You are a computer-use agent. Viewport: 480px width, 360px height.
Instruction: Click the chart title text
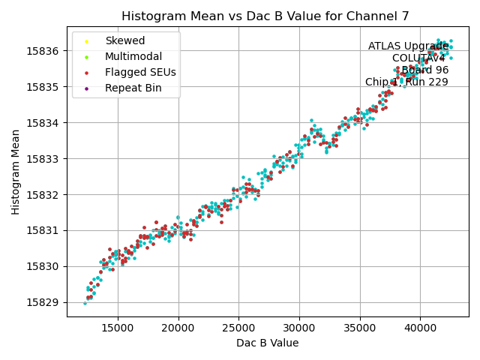(267, 16)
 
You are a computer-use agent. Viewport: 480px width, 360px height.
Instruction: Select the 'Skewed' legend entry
(124, 40)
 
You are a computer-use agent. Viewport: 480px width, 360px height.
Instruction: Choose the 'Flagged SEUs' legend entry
(140, 72)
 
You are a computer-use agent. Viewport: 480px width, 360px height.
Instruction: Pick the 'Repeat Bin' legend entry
(133, 88)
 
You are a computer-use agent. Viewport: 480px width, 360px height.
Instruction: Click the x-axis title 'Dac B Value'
(267, 343)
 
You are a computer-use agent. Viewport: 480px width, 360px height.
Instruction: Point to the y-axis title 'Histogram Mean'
(16, 172)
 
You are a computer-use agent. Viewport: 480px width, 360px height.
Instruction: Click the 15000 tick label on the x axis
(118, 328)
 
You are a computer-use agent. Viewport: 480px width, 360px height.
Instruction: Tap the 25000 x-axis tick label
(238, 328)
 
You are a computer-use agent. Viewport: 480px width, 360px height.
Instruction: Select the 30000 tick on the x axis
(299, 328)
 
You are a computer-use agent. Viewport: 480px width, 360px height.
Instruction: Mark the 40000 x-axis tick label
(420, 328)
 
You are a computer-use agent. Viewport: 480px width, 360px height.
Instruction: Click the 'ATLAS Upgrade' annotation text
(408, 46)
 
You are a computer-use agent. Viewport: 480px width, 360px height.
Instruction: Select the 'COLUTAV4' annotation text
(418, 58)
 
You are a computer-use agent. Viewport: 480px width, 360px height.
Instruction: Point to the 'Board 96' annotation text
(424, 70)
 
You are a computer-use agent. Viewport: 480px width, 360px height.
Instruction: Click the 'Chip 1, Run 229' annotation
(406, 82)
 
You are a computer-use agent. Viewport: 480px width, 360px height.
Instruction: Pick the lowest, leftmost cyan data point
(85, 303)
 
